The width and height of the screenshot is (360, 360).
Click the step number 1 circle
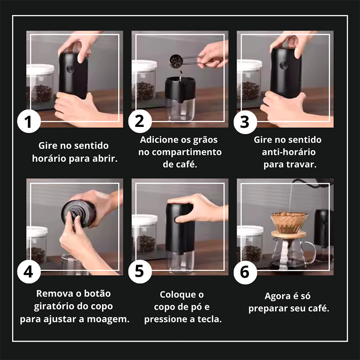pyautogui.click(x=29, y=121)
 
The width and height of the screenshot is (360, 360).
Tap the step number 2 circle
pyautogui.click(x=140, y=121)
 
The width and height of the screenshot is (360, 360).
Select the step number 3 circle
pyautogui.click(x=245, y=122)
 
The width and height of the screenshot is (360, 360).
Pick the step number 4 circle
pyautogui.click(x=29, y=272)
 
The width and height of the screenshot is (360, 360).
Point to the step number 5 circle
pyautogui.click(x=140, y=272)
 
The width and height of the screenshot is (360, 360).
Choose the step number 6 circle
pyautogui.click(x=245, y=273)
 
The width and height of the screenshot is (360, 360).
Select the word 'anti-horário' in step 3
pyautogui.click(x=288, y=152)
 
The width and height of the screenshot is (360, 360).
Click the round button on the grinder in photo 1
pyautogui.click(x=70, y=69)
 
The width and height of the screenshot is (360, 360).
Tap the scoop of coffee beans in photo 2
pyautogui.click(x=176, y=61)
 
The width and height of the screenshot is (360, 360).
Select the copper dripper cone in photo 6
pyautogui.click(x=289, y=222)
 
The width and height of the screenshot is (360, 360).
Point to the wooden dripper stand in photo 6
pyautogui.click(x=288, y=234)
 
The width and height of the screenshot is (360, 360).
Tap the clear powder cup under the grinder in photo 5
pyautogui.click(x=180, y=262)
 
